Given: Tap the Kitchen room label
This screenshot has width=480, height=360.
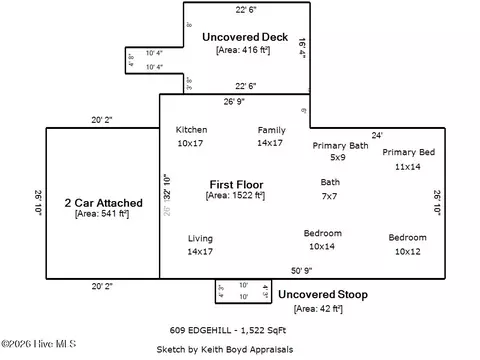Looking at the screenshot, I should [x=191, y=130].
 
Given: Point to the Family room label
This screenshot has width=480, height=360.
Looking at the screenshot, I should [x=271, y=130].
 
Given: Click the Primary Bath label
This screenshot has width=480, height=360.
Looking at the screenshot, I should [x=338, y=145].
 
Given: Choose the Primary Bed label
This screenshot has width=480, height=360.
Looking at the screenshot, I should [x=408, y=152].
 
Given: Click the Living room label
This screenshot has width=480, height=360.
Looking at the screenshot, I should [x=201, y=238].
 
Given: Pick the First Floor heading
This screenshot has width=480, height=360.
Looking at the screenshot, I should [x=235, y=184].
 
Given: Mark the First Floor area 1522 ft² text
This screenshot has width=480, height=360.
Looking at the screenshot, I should [x=235, y=196].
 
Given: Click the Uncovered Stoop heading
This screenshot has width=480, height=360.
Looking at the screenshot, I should [x=322, y=295].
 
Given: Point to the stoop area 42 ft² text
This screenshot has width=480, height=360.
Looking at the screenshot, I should [x=319, y=309].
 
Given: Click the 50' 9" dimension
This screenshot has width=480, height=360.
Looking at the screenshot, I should [x=303, y=271].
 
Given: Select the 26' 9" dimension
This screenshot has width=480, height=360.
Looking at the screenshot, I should [x=236, y=101].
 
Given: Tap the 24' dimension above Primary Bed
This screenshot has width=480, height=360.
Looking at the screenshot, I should [x=377, y=135].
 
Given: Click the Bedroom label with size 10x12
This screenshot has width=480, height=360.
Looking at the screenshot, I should [x=407, y=238].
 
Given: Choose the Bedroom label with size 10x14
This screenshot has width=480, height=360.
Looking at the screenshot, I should [x=322, y=234].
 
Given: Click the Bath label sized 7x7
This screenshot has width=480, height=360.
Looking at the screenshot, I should [x=330, y=183].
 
